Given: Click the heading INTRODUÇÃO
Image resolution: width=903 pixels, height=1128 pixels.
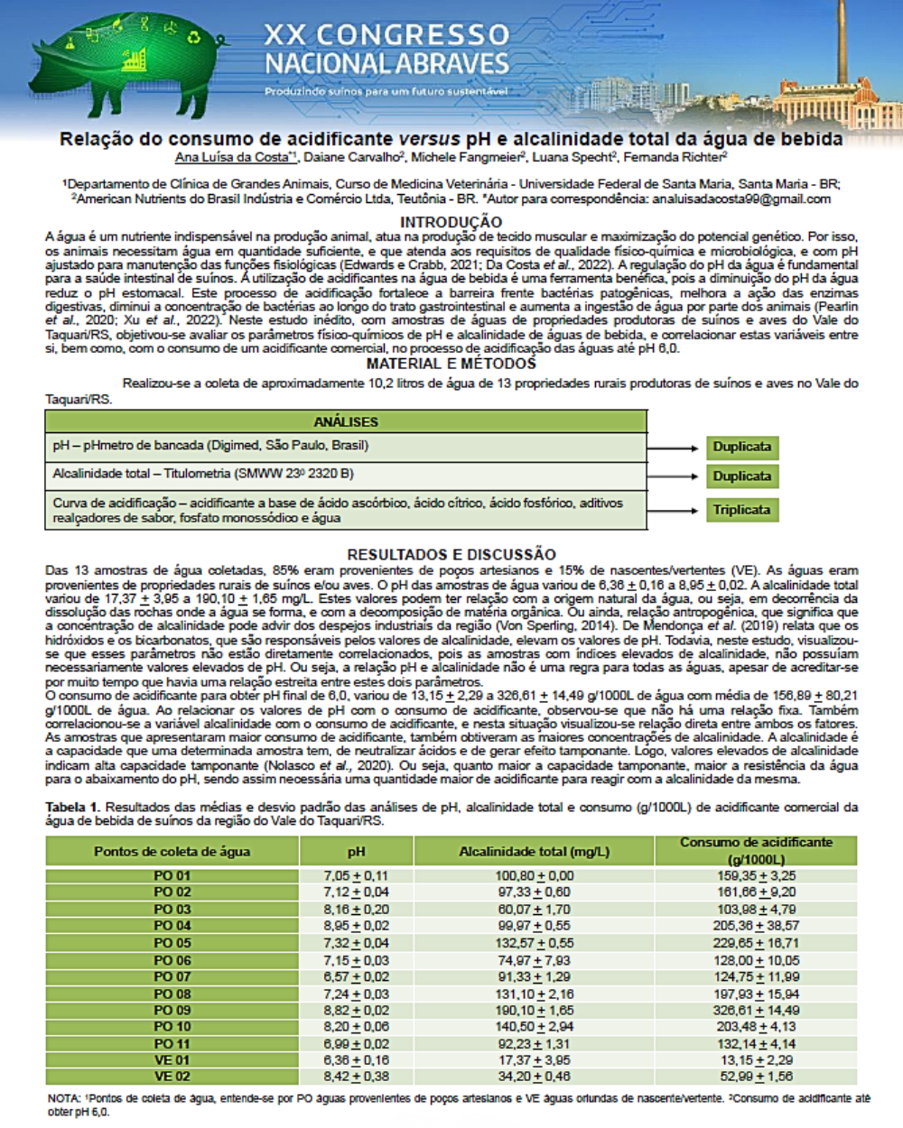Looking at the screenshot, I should pyautogui.click(x=451, y=222).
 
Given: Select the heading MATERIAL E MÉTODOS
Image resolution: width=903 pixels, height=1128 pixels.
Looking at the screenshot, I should pyautogui.click(x=451, y=364).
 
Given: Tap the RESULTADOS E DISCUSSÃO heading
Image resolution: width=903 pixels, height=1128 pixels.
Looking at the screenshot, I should pyautogui.click(x=451, y=555).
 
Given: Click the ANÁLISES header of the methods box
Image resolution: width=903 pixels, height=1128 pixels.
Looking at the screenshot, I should pyautogui.click(x=346, y=421).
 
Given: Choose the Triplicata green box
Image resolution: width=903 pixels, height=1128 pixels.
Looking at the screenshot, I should pyautogui.click(x=741, y=510).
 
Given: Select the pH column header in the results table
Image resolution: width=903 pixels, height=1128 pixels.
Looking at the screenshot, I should pyautogui.click(x=357, y=851).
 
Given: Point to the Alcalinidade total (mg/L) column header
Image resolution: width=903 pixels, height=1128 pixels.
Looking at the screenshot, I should pyautogui.click(x=534, y=851).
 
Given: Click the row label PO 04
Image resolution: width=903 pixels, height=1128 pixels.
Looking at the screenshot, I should pyautogui.click(x=172, y=926).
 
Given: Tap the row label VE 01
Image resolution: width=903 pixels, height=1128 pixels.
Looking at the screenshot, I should pyautogui.click(x=172, y=1060).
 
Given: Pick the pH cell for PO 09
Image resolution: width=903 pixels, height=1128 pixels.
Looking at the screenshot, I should pyautogui.click(x=357, y=1010).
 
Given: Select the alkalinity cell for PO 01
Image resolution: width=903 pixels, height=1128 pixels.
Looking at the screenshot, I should pyautogui.click(x=534, y=875).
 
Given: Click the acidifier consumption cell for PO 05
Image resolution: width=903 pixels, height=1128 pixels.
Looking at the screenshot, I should pyautogui.click(x=757, y=943).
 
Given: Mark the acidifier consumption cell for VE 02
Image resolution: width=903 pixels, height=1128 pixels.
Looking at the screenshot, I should pyautogui.click(x=757, y=1077).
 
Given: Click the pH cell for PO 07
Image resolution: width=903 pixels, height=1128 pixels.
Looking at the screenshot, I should pyautogui.click(x=357, y=976).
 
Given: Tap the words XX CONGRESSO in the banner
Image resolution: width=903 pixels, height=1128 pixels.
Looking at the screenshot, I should pyautogui.click(x=386, y=35).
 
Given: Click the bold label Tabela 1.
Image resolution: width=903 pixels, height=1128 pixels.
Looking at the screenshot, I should pyautogui.click(x=73, y=807).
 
